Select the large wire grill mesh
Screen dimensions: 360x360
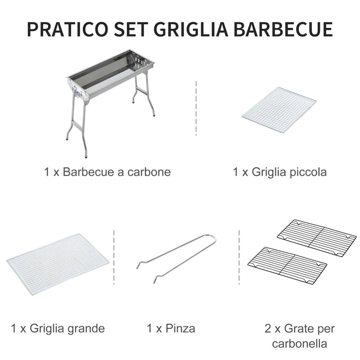(x=58, y=263)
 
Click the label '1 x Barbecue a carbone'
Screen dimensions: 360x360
(x=108, y=172)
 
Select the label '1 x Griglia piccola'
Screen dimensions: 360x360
(x=279, y=172)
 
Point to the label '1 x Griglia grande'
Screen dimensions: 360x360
(x=58, y=328)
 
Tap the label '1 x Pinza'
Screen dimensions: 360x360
(x=171, y=328)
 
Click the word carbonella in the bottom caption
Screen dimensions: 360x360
(x=299, y=344)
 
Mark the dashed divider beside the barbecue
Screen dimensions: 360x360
(x=196, y=108)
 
